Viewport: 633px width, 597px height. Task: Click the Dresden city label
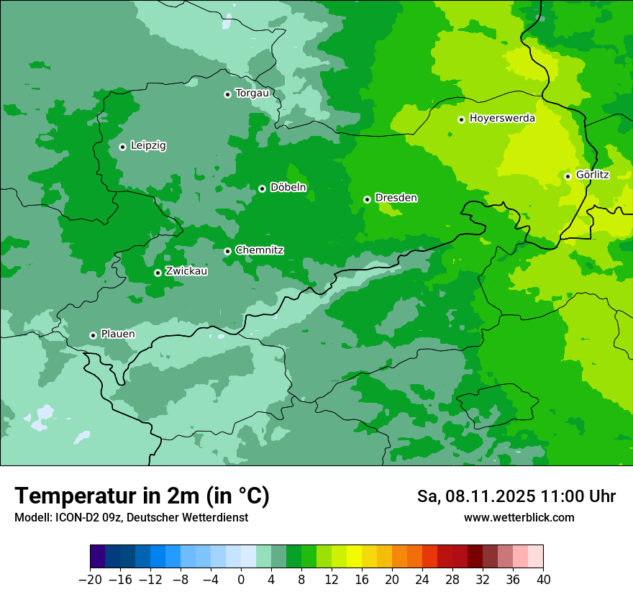396,198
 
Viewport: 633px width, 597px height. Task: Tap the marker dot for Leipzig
122,147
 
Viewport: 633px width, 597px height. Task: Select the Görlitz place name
592,175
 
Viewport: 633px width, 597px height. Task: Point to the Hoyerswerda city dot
461,119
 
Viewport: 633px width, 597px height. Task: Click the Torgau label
252,93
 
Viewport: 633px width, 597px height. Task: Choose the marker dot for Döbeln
262,188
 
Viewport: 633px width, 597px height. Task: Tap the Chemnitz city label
259,250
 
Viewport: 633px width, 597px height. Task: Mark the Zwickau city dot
158,273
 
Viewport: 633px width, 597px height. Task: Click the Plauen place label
117,334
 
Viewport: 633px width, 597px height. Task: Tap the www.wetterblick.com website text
519,517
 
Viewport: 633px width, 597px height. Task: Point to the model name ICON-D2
72,517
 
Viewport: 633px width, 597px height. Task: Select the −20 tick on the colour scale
90,580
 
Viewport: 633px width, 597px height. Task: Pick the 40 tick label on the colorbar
543,580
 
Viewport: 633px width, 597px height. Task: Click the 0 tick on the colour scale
241,580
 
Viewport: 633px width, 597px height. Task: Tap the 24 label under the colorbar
422,580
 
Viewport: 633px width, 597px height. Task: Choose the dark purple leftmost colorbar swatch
98,557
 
